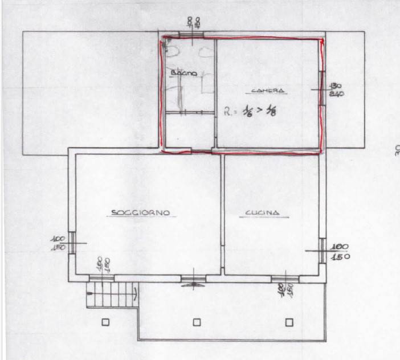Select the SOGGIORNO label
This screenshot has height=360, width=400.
point(140,213)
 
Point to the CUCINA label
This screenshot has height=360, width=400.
point(262,214)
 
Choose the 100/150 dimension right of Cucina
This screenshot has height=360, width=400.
point(341,251)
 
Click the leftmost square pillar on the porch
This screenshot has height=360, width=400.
point(105,322)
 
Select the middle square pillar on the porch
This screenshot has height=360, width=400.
point(197,322)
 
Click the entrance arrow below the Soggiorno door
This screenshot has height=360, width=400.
point(194,284)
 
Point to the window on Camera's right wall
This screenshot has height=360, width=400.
point(322,88)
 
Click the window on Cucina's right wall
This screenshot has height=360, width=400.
point(323,251)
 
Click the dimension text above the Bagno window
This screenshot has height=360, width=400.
point(194,22)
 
